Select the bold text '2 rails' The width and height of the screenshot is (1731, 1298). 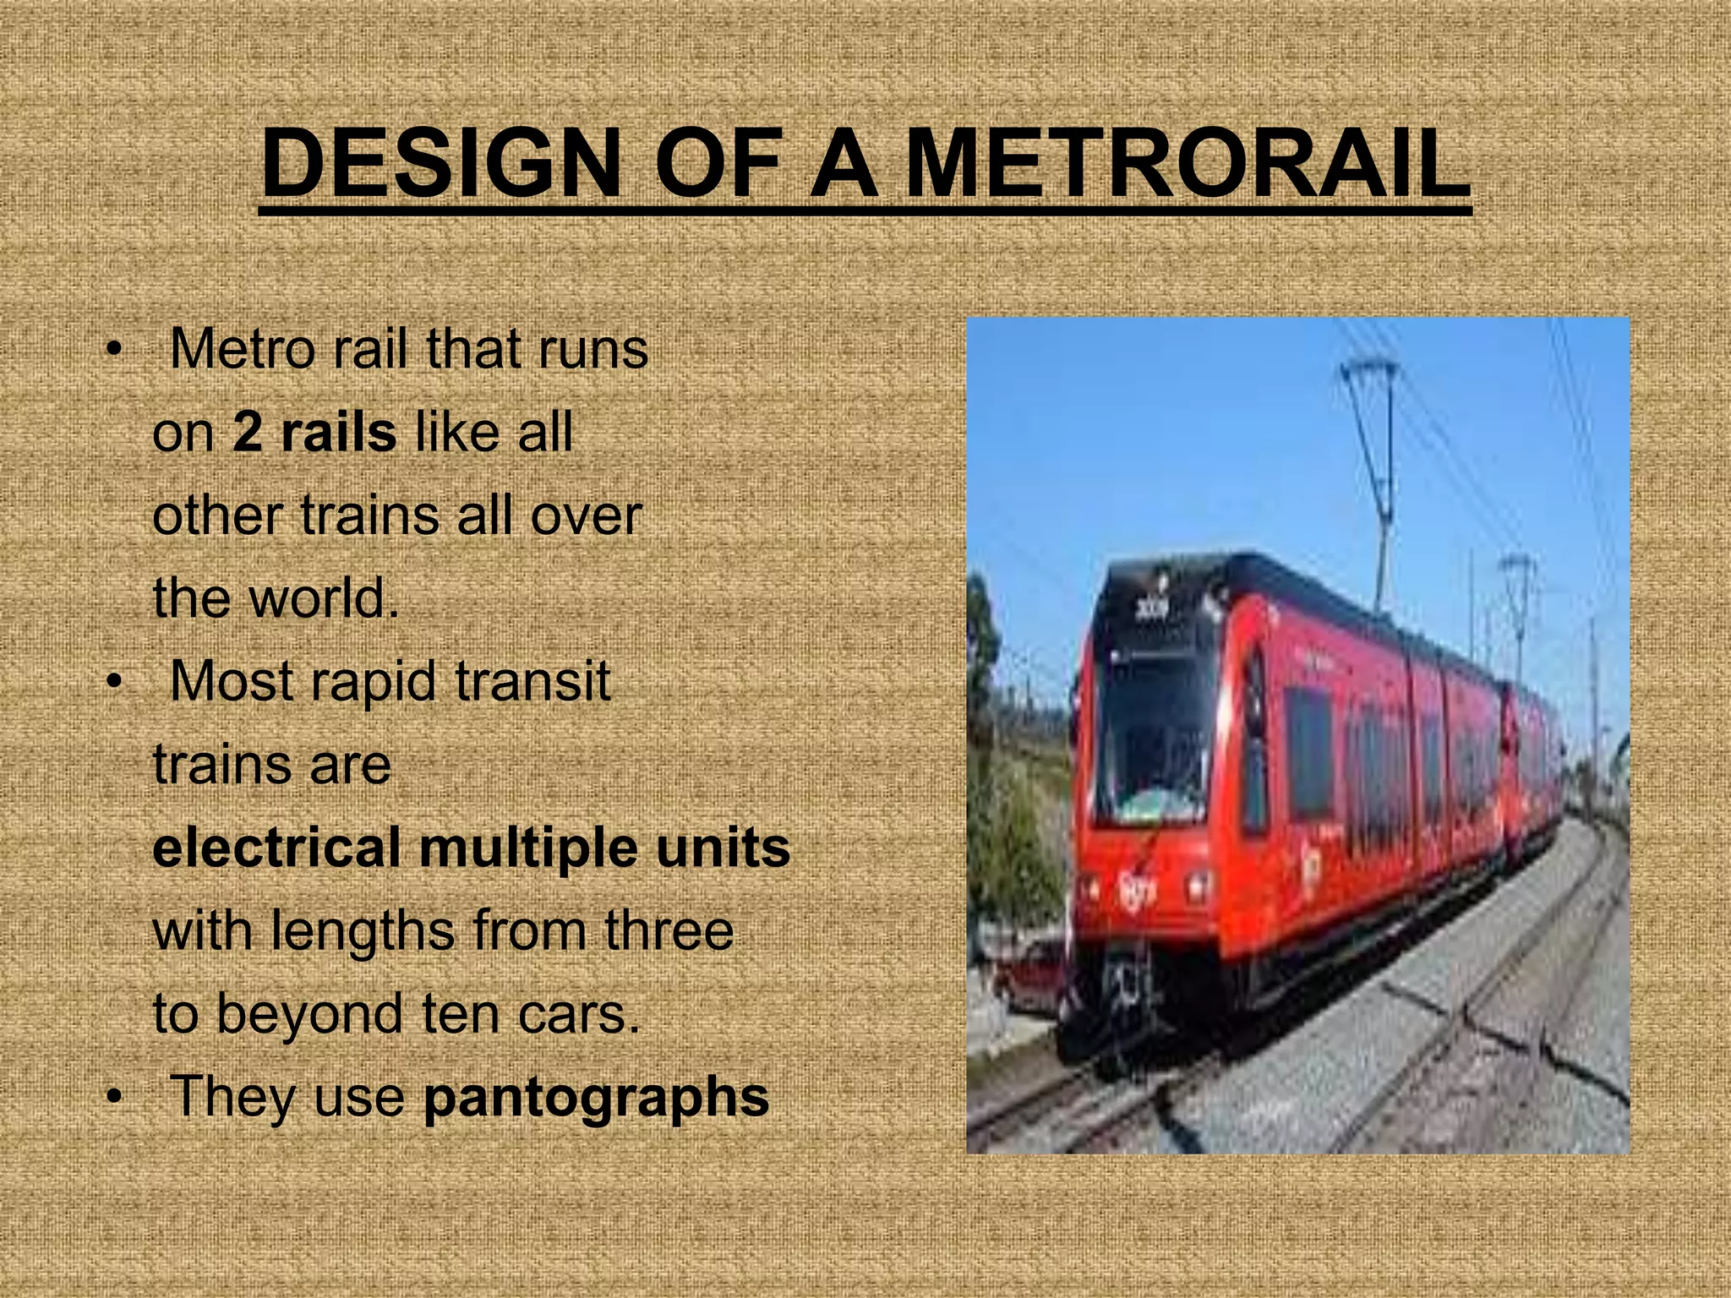coord(314,432)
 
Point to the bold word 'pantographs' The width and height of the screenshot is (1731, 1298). coord(596,1097)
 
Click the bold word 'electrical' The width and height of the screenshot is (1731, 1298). coord(276,848)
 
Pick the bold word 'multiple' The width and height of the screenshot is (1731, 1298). coord(528,848)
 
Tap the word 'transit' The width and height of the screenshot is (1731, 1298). coord(532,681)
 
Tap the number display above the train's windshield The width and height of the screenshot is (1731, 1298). coord(1150,608)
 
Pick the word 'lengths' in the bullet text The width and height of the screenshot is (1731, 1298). coord(363,931)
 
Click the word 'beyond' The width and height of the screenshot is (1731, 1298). coord(309,1013)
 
